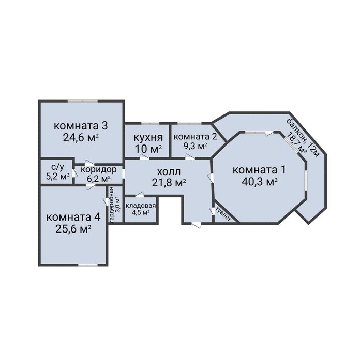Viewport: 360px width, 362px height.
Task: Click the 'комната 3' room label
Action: [81, 126]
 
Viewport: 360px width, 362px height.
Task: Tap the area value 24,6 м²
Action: [81, 138]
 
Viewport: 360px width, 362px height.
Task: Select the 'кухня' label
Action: [148, 138]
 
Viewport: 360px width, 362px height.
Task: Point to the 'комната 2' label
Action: [195, 137]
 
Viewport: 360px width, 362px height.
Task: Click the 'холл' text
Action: [169, 172]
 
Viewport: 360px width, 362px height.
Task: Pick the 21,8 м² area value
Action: [169, 183]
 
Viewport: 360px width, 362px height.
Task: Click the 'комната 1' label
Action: [259, 170]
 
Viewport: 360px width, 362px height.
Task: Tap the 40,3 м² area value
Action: [259, 182]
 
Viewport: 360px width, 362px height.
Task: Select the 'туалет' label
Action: [223, 215]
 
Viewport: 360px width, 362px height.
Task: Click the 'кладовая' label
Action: [141, 206]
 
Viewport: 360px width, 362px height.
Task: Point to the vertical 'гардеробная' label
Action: [111, 205]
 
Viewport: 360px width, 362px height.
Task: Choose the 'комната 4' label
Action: [73, 217]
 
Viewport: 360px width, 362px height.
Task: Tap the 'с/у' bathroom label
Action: [57, 167]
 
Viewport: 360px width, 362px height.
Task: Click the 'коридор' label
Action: [98, 170]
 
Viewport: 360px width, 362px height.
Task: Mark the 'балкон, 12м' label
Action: [303, 138]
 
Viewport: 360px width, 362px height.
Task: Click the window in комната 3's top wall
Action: [82, 101]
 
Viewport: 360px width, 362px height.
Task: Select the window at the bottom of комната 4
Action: [88, 265]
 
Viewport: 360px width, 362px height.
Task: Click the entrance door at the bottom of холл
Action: [196, 225]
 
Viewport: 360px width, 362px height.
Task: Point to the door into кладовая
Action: [139, 195]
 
